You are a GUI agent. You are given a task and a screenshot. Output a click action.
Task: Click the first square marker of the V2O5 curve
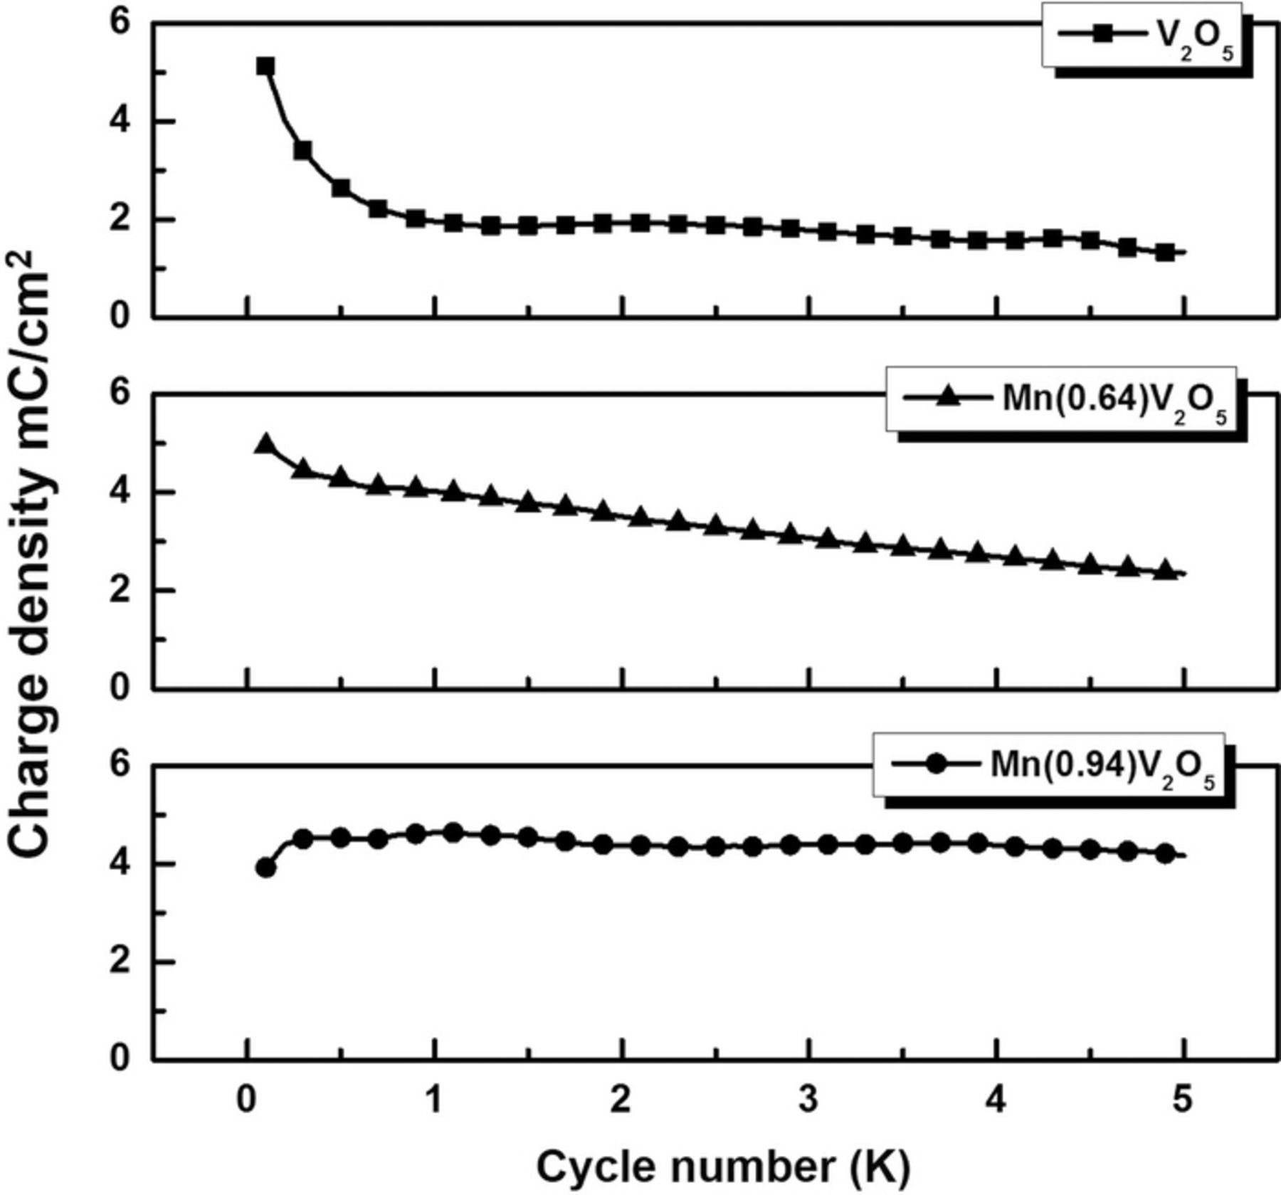point(265,67)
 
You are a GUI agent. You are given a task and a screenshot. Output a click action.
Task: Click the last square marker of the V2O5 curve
point(1164,252)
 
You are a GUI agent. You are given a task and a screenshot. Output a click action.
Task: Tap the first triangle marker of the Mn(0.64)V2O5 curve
point(265,444)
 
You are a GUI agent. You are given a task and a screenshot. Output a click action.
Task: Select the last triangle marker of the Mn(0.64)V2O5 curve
point(1164,569)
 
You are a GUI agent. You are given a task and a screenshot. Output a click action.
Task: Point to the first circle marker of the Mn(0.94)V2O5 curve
point(265,868)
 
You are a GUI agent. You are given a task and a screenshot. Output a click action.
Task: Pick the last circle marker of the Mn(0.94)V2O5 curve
point(1164,853)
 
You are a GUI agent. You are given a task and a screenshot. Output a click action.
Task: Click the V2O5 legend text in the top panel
point(1191,39)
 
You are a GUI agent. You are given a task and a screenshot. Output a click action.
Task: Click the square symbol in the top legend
point(1102,34)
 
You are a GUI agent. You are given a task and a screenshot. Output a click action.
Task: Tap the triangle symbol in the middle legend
point(947,396)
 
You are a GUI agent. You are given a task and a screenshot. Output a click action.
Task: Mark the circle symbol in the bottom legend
point(936,764)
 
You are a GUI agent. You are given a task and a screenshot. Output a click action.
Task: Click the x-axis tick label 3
point(809,1100)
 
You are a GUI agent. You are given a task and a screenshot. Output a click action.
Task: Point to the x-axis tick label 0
point(247,1100)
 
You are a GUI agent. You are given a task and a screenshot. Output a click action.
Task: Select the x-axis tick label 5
point(1182,1100)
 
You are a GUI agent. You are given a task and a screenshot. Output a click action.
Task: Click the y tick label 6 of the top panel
point(120,23)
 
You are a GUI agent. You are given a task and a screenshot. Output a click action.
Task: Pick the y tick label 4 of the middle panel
point(120,492)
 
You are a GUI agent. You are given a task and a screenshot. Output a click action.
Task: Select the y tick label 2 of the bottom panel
point(120,962)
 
